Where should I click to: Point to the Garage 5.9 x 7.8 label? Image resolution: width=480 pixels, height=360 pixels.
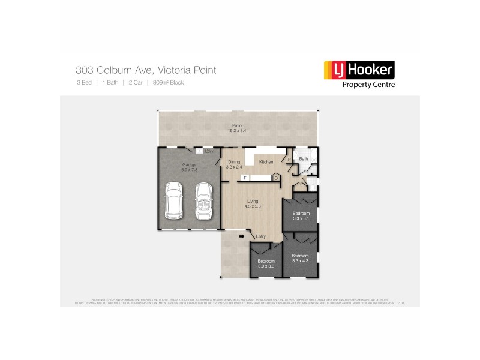point(190,167)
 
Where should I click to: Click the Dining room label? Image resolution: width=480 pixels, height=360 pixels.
point(234,164)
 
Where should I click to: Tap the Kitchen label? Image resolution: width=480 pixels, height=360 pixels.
point(266,162)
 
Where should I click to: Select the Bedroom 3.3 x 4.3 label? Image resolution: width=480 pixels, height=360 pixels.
point(301,258)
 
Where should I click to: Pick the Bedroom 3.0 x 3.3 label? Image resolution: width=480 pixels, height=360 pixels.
point(266,264)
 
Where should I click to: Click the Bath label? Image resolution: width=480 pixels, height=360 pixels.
point(304,159)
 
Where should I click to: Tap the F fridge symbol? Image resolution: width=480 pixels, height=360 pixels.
point(245,178)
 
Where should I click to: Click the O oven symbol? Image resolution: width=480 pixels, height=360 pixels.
point(275,178)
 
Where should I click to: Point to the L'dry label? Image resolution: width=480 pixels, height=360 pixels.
point(209,151)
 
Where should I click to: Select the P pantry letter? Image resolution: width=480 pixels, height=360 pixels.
point(290,160)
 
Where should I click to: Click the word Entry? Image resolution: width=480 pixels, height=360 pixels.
point(260,236)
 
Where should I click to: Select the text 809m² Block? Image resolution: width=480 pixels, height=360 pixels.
point(168,83)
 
